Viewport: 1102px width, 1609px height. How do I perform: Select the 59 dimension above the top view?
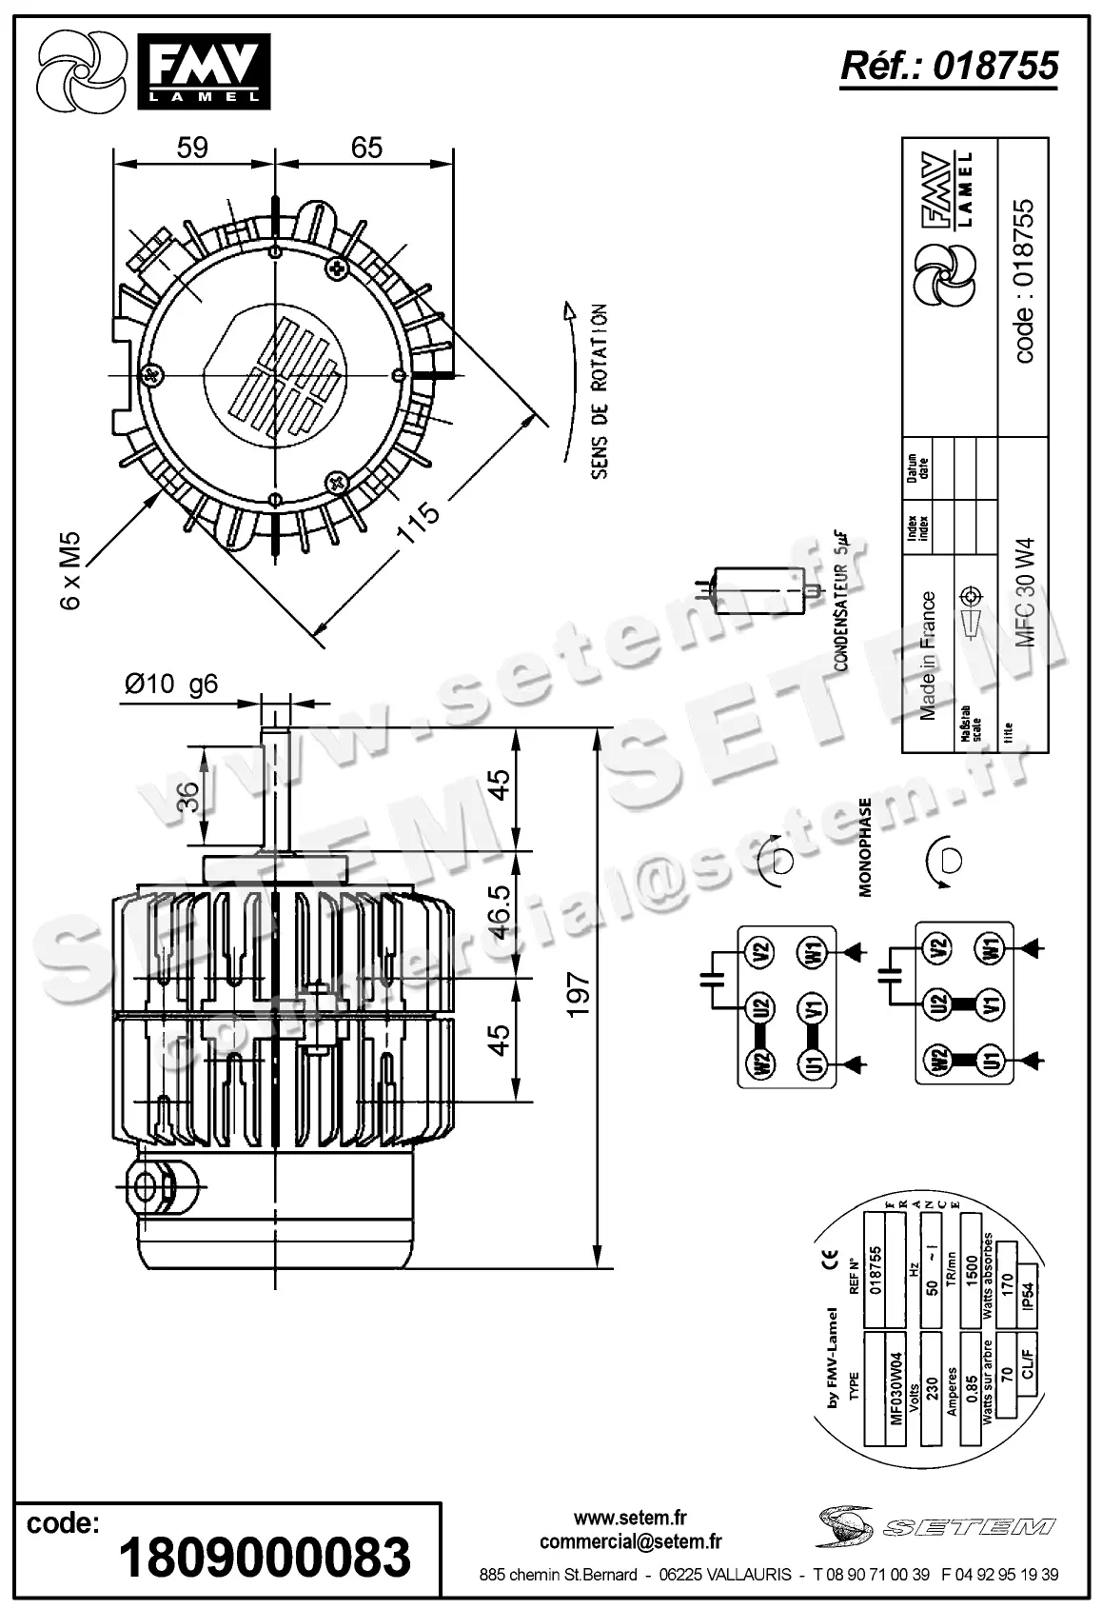[x=192, y=148]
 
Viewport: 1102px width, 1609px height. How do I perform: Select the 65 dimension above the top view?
[x=366, y=148]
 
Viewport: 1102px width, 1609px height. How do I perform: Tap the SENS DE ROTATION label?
[x=599, y=391]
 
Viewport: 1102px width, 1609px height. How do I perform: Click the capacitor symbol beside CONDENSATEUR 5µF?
[x=757, y=589]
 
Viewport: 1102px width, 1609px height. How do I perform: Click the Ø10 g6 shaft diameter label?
[x=172, y=684]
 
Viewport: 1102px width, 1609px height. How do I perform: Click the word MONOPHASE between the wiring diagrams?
[x=865, y=847]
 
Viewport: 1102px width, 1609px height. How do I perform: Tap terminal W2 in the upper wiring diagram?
[x=761, y=1063]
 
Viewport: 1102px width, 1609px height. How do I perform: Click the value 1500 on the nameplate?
[x=971, y=1267]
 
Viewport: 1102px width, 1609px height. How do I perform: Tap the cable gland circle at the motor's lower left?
[x=147, y=1185]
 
